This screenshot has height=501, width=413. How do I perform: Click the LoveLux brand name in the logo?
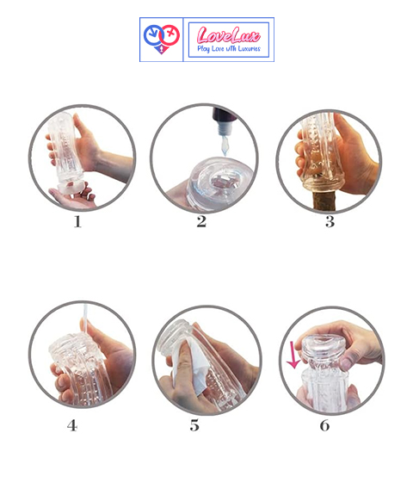(x=228, y=35)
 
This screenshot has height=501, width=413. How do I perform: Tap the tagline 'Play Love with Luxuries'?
(x=229, y=48)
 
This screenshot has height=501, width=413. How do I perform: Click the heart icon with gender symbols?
(x=161, y=39)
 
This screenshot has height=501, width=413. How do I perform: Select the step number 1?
(x=77, y=222)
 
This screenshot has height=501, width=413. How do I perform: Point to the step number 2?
(x=201, y=222)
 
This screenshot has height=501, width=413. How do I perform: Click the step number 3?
(x=330, y=222)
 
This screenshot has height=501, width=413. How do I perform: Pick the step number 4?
(x=72, y=425)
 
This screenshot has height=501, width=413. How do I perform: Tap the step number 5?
(x=194, y=425)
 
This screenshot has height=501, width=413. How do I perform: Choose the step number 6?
(x=324, y=425)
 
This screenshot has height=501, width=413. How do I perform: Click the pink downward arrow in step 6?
(x=293, y=356)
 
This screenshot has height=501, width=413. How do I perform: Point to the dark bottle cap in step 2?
(x=225, y=114)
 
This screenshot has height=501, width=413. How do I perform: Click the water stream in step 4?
(x=85, y=319)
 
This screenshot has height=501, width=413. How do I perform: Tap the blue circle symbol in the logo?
(x=154, y=35)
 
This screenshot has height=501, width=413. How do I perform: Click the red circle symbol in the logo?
(x=169, y=34)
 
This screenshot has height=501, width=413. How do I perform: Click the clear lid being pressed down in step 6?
(x=323, y=346)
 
